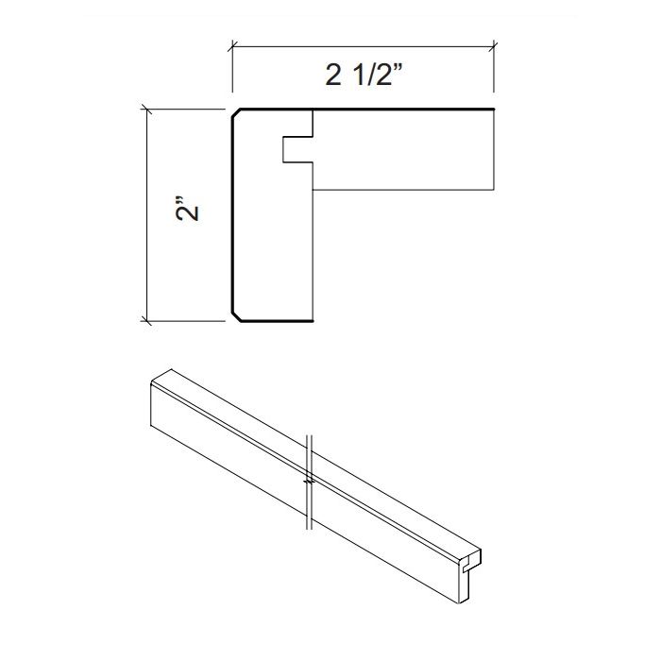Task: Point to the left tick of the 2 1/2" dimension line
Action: (232, 44)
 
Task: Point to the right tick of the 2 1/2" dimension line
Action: (497, 44)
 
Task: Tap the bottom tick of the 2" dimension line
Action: (145, 321)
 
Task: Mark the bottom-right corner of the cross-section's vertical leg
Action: (314, 321)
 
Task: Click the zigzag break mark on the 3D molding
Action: (309, 481)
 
